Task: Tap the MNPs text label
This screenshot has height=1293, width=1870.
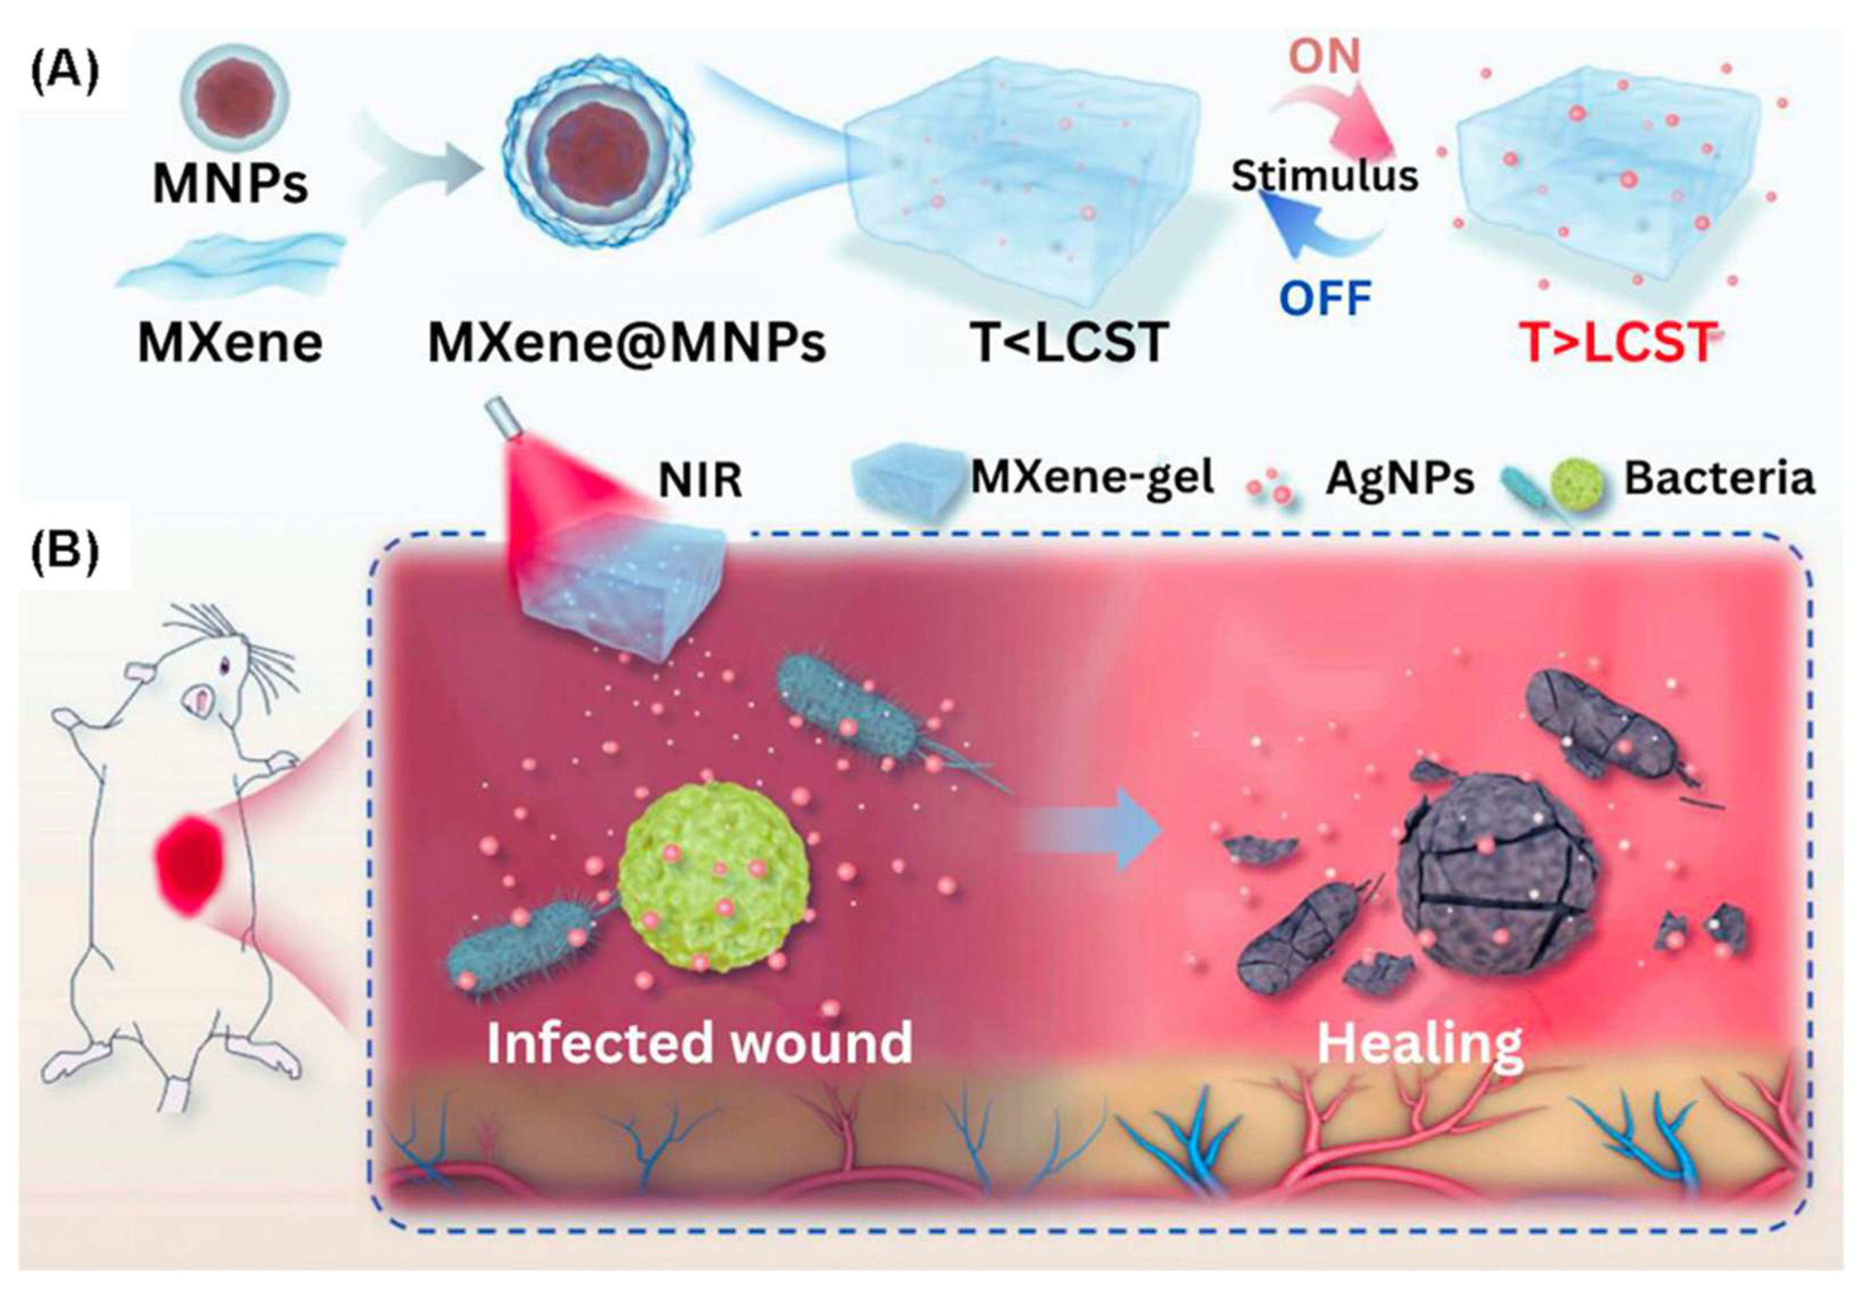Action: click(x=230, y=183)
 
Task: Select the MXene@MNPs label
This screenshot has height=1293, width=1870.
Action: click(x=626, y=342)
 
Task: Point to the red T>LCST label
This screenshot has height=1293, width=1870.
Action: click(x=1618, y=342)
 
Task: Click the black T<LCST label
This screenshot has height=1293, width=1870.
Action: click(x=1068, y=342)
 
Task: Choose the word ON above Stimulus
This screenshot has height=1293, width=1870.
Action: click(x=1324, y=57)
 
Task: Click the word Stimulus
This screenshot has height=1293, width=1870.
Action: click(x=1324, y=176)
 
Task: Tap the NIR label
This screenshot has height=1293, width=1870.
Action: click(x=699, y=480)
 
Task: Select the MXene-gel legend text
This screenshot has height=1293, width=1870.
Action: click(x=1092, y=478)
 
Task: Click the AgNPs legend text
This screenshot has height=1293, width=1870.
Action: click(x=1399, y=479)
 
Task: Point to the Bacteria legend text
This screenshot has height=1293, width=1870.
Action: click(x=1718, y=479)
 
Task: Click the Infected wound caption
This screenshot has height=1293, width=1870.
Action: click(x=699, y=1043)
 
